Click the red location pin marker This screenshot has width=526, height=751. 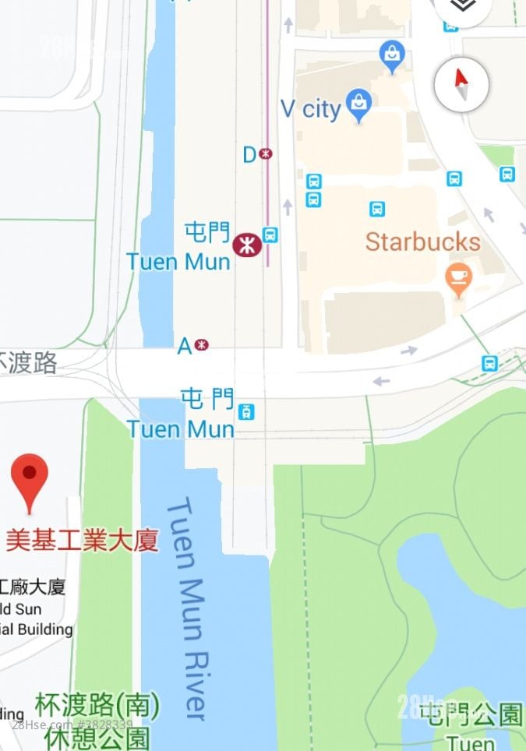pyautogui.click(x=30, y=477)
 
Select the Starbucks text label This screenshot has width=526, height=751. pyautogui.click(x=422, y=242)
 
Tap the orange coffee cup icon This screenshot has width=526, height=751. pyautogui.click(x=457, y=277)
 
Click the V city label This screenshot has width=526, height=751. pyautogui.click(x=309, y=109)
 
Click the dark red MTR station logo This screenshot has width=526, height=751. pyautogui.click(x=246, y=245)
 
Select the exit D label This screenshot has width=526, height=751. pyautogui.click(x=250, y=154)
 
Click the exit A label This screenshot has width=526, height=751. pyautogui.click(x=185, y=345)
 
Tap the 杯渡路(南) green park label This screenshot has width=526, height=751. pyautogui.click(x=97, y=707)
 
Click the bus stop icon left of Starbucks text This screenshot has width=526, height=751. pyautogui.click(x=377, y=209)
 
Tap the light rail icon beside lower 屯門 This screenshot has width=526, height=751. pyautogui.click(x=247, y=411)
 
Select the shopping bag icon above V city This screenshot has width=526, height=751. pyautogui.click(x=391, y=55)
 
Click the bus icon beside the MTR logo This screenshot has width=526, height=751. pyautogui.click(x=270, y=234)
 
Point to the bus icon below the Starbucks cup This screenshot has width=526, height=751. pyautogui.click(x=489, y=363)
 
